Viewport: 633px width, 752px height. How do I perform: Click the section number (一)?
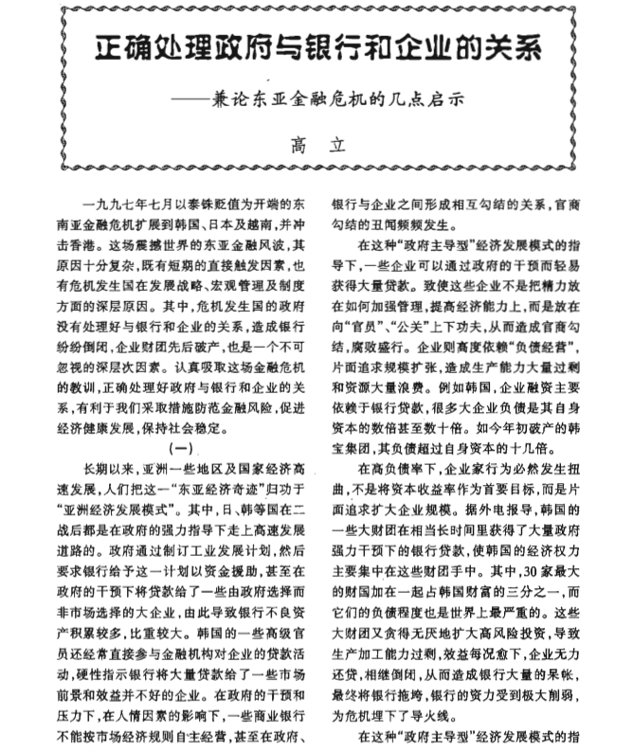(x=179, y=446)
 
